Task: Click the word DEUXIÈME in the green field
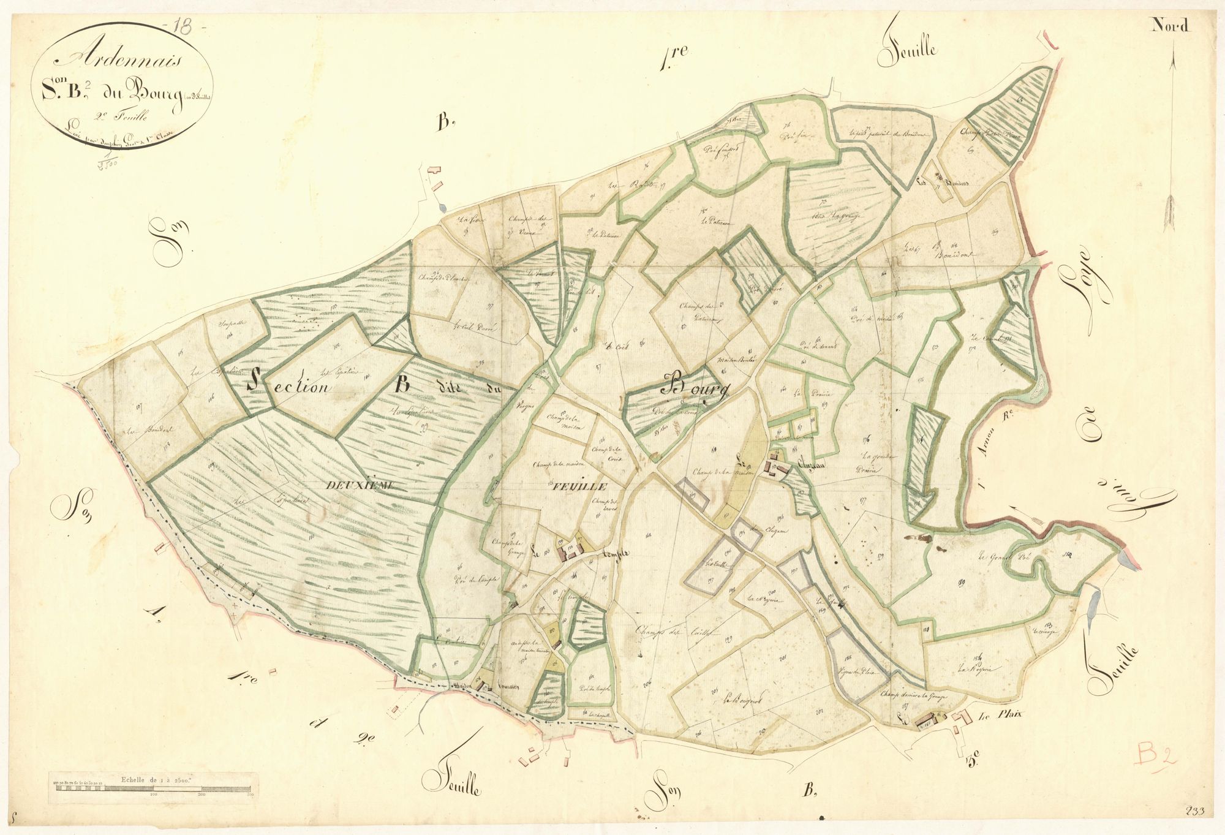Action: [x=361, y=486]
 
